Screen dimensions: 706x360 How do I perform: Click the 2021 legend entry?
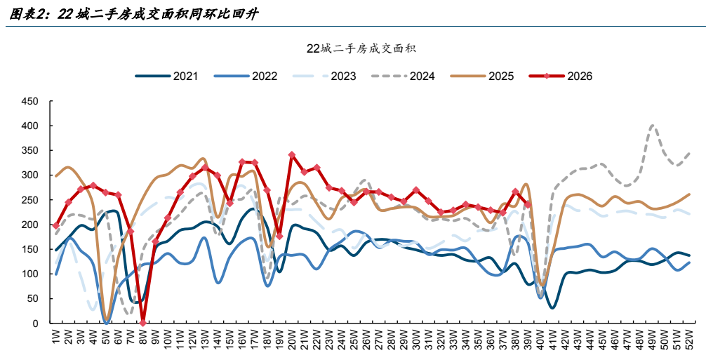(166, 76)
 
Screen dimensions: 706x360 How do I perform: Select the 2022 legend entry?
(246, 76)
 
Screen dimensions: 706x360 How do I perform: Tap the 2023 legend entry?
(324, 76)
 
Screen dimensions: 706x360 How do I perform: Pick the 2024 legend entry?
(403, 76)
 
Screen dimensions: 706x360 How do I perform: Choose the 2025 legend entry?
(481, 76)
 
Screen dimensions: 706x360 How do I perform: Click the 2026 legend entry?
(561, 76)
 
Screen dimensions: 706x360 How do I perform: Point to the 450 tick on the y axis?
(29, 101)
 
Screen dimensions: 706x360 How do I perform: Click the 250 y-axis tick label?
(29, 200)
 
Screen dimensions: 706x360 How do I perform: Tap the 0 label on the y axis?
(36, 323)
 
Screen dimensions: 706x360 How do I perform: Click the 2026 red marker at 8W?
(143, 323)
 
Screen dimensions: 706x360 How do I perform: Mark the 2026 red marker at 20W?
(292, 155)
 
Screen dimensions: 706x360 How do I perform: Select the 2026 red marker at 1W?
(56, 225)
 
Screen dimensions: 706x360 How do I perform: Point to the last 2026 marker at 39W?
(528, 204)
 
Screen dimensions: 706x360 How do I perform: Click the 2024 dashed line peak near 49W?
(653, 126)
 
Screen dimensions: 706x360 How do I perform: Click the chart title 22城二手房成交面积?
(361, 48)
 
